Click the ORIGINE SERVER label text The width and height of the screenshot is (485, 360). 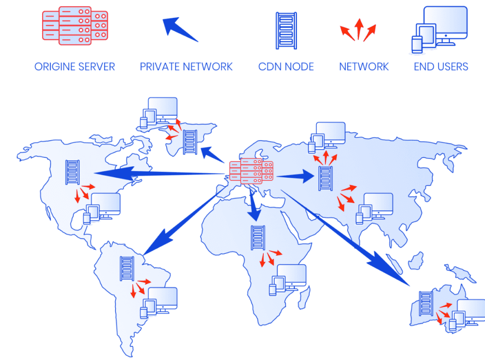tap(74, 66)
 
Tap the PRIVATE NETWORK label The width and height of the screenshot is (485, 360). tap(186, 66)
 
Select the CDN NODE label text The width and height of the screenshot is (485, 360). tap(286, 66)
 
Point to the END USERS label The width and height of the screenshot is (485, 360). tap(441, 66)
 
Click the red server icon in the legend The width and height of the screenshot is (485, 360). tap(75, 26)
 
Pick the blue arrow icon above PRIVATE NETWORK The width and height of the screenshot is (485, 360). tap(180, 29)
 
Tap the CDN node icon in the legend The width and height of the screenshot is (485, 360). tap(286, 31)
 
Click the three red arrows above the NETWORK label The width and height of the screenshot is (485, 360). tap(358, 30)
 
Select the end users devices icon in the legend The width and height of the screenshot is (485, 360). tap(439, 30)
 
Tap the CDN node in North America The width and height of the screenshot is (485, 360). tap(72, 172)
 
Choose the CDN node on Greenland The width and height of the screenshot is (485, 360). tap(190, 142)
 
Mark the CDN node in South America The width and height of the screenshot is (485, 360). tap(127, 269)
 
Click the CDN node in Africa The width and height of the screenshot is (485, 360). tap(258, 238)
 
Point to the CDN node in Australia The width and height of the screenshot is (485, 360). tap(426, 304)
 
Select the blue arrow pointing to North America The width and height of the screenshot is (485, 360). tap(159, 174)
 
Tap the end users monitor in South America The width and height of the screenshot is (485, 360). tap(162, 298)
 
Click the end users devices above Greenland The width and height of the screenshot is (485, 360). tap(159, 113)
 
